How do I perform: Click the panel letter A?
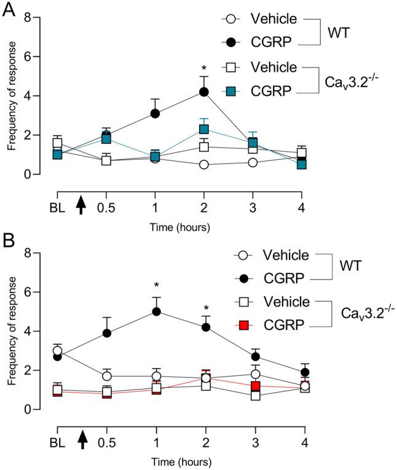[10, 11]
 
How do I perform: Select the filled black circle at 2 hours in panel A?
[203, 92]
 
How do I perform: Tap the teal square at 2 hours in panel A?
[203, 130]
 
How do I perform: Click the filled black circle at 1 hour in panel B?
[156, 311]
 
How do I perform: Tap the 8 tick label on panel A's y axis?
[26, 17]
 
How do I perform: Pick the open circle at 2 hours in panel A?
[203, 165]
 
